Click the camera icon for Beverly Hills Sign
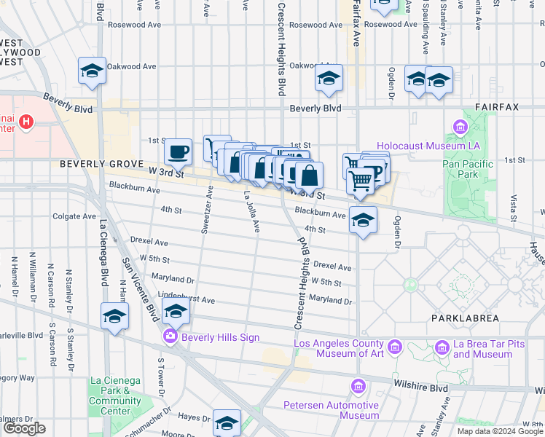(170, 336)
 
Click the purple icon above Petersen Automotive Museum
(357, 386)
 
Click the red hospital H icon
(27, 122)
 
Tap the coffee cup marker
(178, 152)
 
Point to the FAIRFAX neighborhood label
(497, 107)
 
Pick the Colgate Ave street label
(74, 216)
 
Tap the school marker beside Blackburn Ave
(362, 219)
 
